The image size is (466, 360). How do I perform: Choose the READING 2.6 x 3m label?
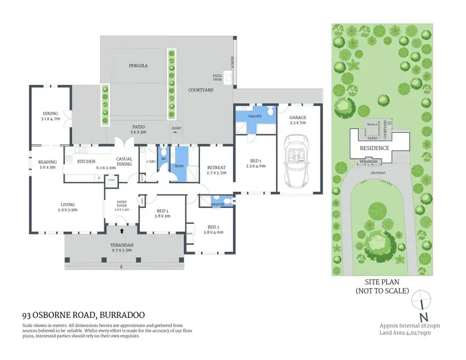pos(47,164)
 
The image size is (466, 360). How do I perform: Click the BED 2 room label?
pos(213,229)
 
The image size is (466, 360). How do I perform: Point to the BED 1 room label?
pos(255,163)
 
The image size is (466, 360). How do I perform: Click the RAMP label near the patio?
pos(176,128)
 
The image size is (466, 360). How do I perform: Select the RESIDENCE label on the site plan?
pos(375,148)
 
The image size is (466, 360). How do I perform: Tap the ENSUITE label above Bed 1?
pos(254,116)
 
